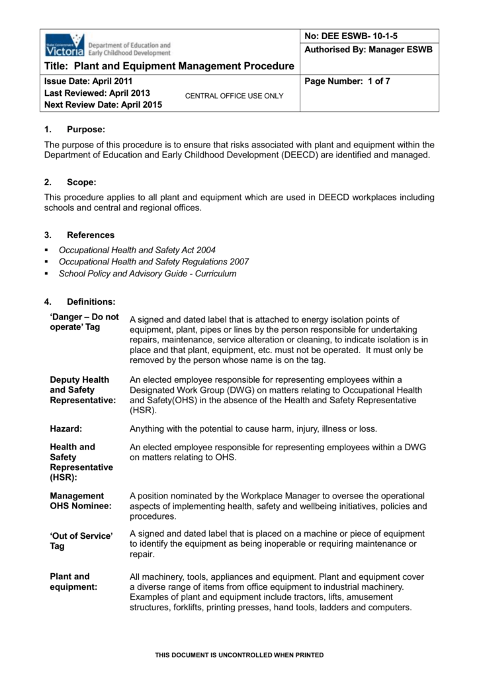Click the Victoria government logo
click(64, 46)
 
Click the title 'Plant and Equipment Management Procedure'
click(169, 66)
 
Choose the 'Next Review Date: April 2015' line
click(103, 104)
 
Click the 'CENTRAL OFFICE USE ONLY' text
click(234, 96)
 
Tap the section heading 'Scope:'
click(82, 182)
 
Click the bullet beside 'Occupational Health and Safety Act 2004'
click(46, 250)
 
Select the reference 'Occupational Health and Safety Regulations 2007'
click(154, 262)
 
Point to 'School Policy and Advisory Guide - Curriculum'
click(148, 274)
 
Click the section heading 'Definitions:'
click(91, 302)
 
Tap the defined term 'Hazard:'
click(65, 428)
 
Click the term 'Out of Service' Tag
click(81, 541)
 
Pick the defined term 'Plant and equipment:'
click(73, 581)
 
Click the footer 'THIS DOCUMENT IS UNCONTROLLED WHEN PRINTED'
click(239, 655)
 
